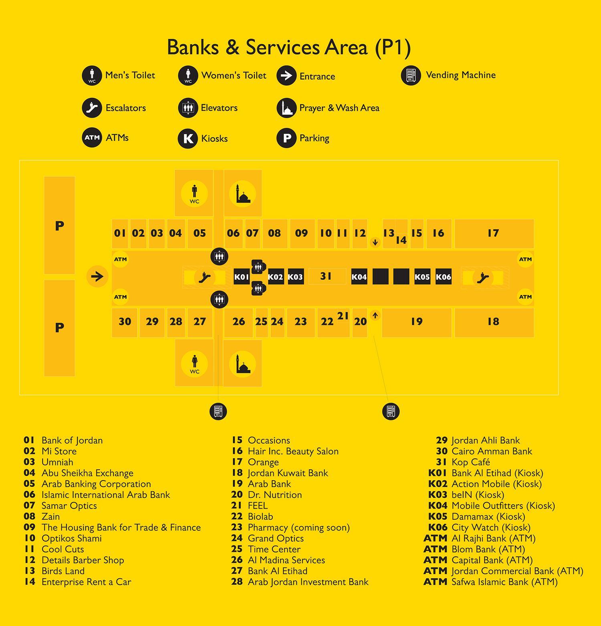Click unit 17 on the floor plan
(x=494, y=233)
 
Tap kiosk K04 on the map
(x=359, y=277)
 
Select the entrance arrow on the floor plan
(x=97, y=276)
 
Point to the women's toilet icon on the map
(x=194, y=363)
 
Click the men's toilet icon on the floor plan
(x=194, y=194)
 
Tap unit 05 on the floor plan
(x=200, y=233)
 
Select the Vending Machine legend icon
(x=411, y=75)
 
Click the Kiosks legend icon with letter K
(x=188, y=139)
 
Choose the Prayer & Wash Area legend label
(x=339, y=108)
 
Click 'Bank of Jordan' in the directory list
(x=72, y=440)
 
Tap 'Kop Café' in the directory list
(x=471, y=462)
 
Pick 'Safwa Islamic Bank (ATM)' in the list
(x=504, y=582)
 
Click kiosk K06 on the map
(x=444, y=277)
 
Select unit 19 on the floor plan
(x=417, y=322)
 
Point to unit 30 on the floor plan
(x=125, y=322)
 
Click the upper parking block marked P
(x=59, y=225)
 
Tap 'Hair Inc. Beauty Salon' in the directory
(x=293, y=451)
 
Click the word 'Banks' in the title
(x=193, y=47)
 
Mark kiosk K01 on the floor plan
(x=242, y=277)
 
